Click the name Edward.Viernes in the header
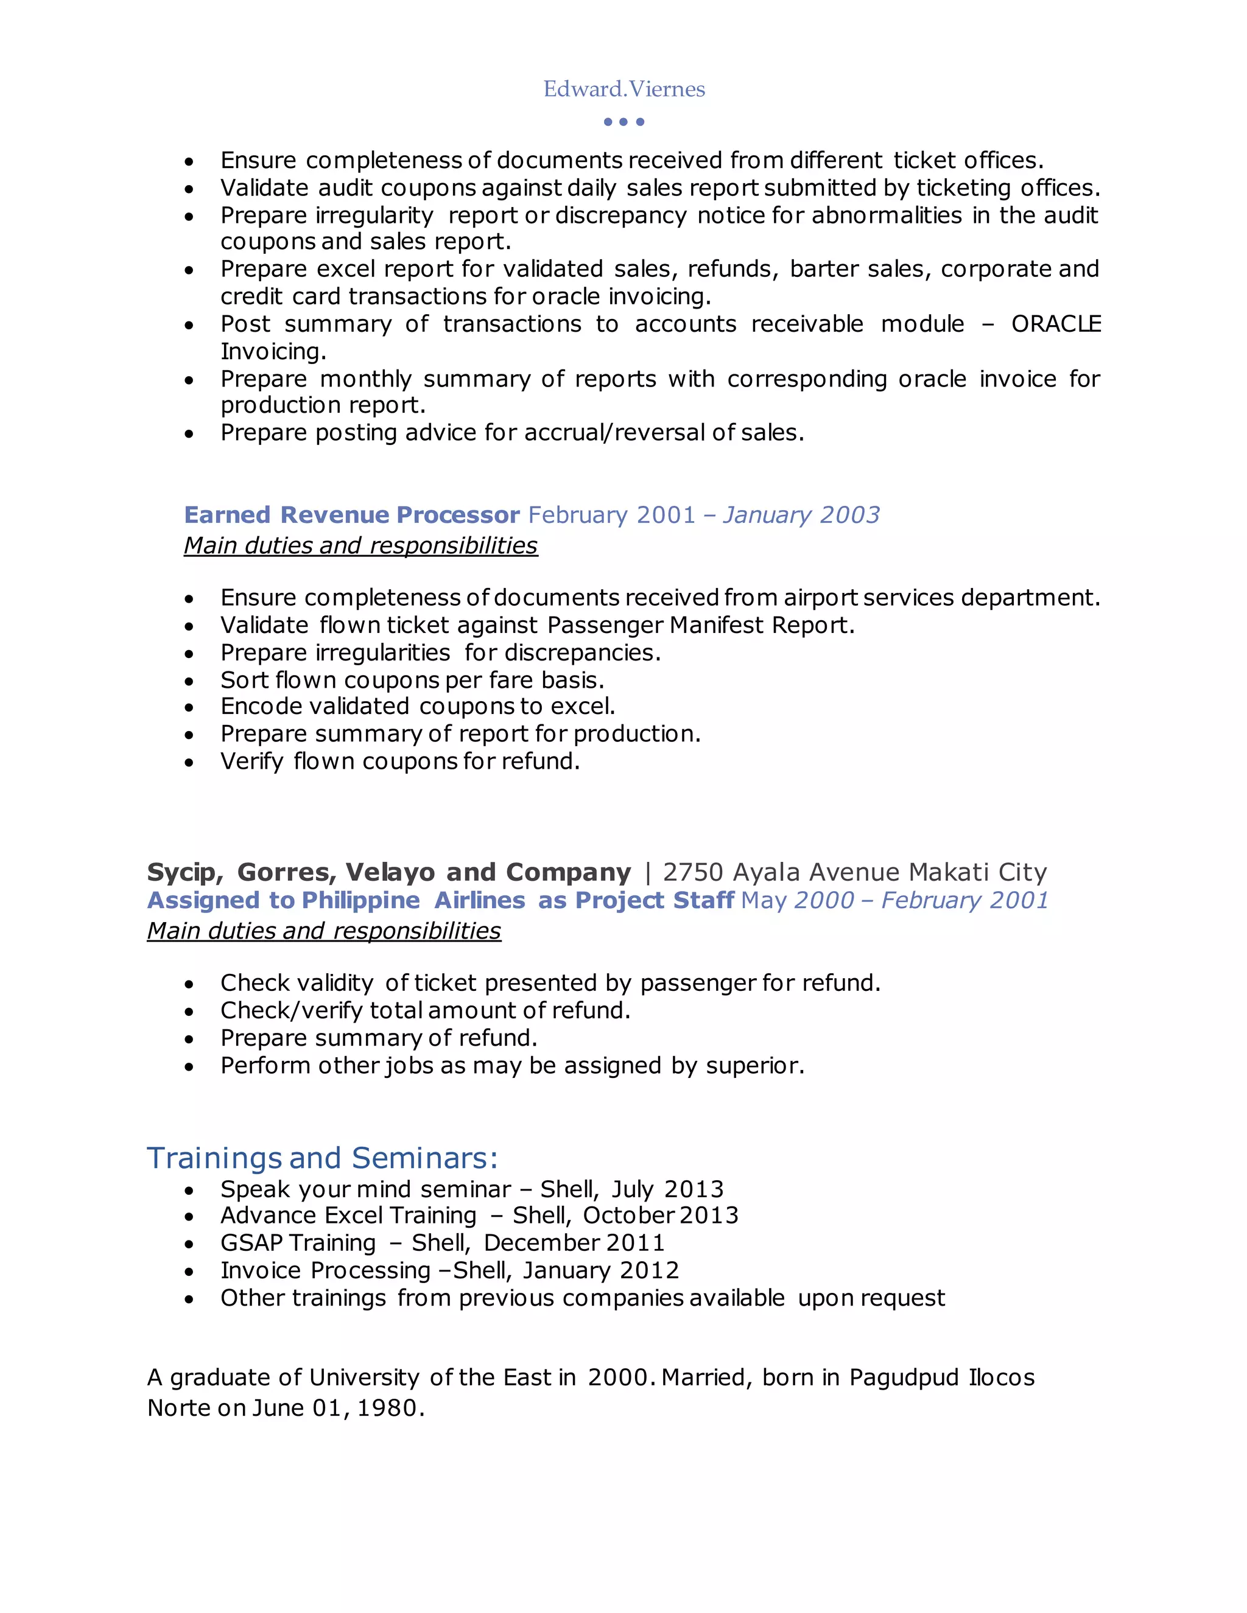pyautogui.click(x=623, y=89)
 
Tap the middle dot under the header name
pyautogui.click(x=623, y=122)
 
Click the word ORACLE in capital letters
pyautogui.click(x=1056, y=323)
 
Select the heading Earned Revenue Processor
pyautogui.click(x=352, y=514)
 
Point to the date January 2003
pyautogui.click(x=801, y=514)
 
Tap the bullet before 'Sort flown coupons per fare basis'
pyautogui.click(x=190, y=681)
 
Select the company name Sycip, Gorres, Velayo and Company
pyautogui.click(x=388, y=872)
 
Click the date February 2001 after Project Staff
pyautogui.click(x=965, y=900)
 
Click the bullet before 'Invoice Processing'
pyautogui.click(x=190, y=1272)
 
